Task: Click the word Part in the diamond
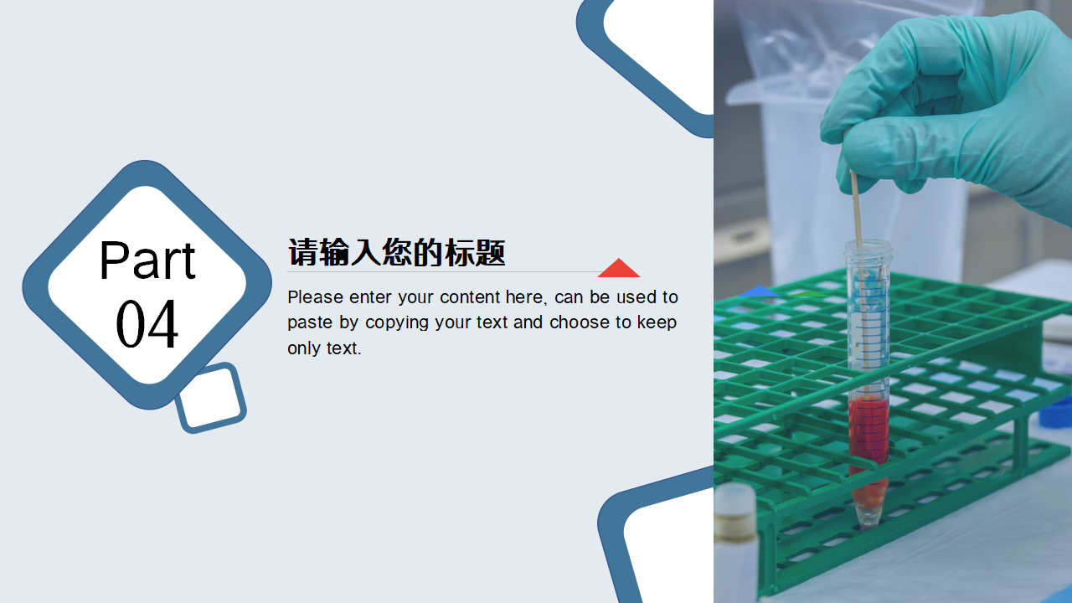147,260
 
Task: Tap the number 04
147,325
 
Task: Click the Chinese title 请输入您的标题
396,252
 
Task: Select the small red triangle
619,269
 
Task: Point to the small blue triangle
760,291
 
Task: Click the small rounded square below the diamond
210,398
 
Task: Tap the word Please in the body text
315,297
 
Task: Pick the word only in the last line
303,348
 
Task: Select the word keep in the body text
657,322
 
